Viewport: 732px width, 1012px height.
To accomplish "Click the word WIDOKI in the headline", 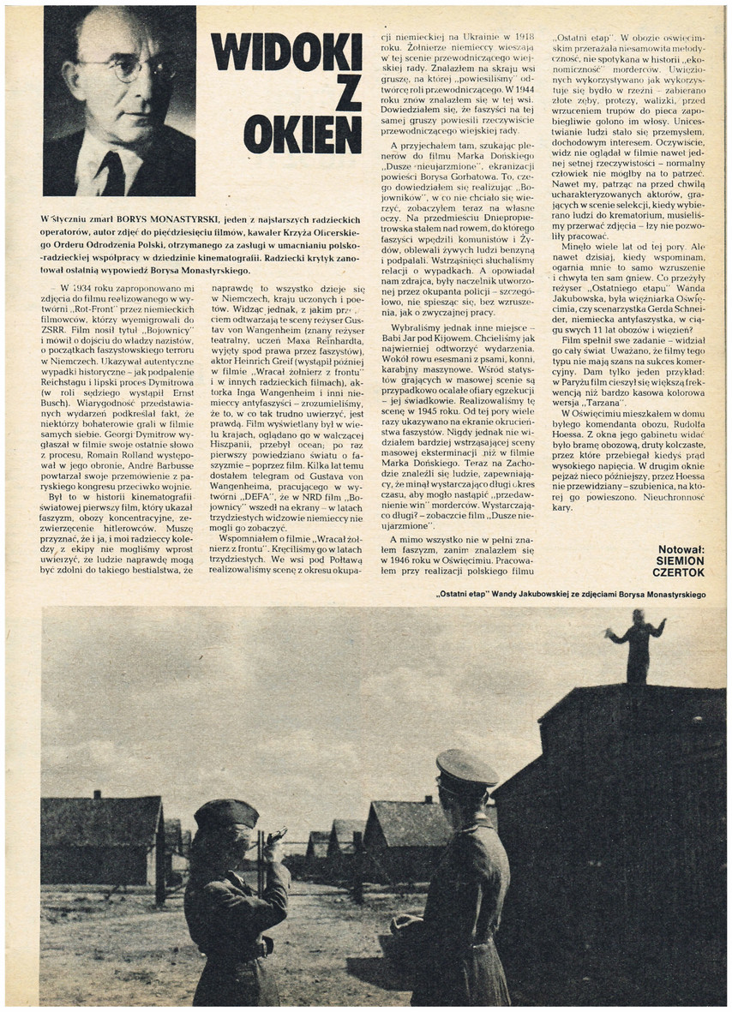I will click(x=286, y=52).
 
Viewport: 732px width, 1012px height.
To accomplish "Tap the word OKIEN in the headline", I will click(x=303, y=134).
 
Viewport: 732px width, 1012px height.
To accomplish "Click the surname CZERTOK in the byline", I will click(x=678, y=572).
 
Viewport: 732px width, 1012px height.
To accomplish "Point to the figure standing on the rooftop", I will click(x=636, y=644).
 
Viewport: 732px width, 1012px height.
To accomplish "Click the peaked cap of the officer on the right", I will click(x=465, y=768).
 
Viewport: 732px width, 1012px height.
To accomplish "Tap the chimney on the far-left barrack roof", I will click(x=98, y=794).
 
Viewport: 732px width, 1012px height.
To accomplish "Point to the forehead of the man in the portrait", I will click(x=120, y=39).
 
